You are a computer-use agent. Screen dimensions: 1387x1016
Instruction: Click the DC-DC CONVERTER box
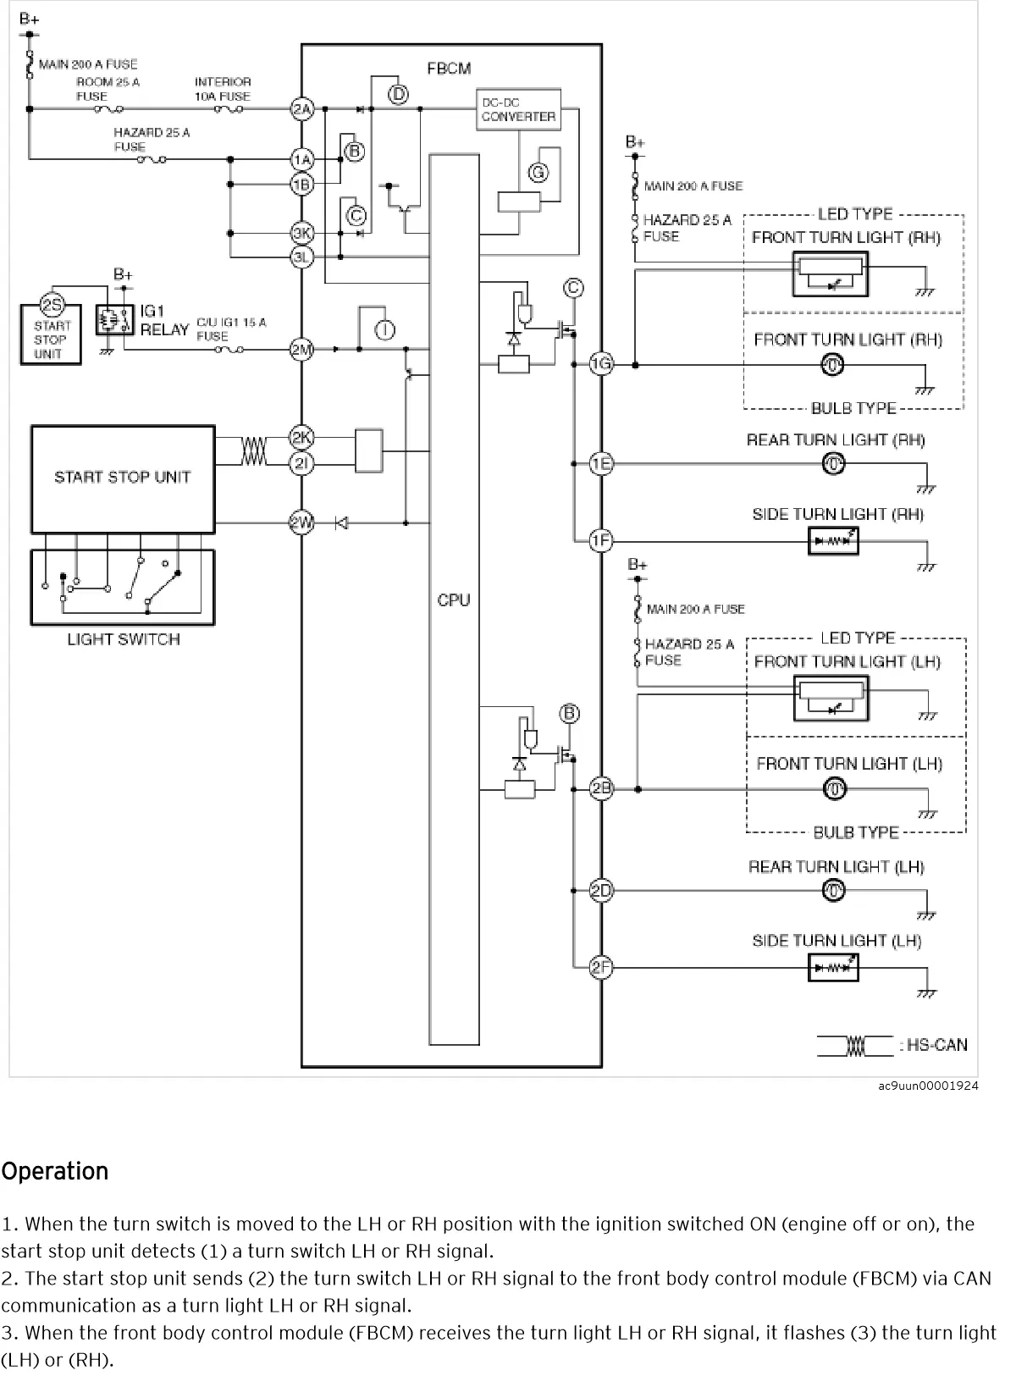click(x=518, y=110)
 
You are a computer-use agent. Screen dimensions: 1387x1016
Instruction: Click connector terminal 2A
click(x=302, y=108)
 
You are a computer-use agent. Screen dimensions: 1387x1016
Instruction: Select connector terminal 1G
click(x=601, y=364)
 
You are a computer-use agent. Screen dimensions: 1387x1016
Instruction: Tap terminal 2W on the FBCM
click(x=302, y=522)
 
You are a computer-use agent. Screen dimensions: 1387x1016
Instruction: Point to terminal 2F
click(x=601, y=967)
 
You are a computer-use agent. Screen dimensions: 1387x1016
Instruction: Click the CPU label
click(x=453, y=600)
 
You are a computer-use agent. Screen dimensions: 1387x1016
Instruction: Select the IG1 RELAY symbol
click(x=115, y=320)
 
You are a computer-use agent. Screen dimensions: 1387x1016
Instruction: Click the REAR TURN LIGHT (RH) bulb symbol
click(x=834, y=464)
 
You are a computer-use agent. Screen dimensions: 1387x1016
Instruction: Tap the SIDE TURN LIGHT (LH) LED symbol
click(x=834, y=967)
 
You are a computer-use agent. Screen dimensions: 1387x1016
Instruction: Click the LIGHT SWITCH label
click(x=124, y=639)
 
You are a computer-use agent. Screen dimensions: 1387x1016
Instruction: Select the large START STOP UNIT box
click(x=123, y=479)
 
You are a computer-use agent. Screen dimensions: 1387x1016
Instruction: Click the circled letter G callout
click(x=538, y=173)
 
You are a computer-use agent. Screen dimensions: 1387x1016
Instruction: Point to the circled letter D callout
click(x=398, y=94)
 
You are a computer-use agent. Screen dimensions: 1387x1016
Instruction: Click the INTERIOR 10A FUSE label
click(x=223, y=89)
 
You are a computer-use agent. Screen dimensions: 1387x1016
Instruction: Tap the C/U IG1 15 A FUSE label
click(x=231, y=329)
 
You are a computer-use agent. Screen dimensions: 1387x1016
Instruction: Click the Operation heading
click(x=55, y=1171)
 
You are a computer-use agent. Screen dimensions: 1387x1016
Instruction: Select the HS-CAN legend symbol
click(x=855, y=1046)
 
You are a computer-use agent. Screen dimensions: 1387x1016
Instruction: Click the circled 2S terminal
click(x=52, y=306)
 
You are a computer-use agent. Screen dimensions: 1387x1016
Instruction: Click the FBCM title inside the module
click(x=449, y=69)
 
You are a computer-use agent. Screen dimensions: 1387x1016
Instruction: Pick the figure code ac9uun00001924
click(x=928, y=1086)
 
